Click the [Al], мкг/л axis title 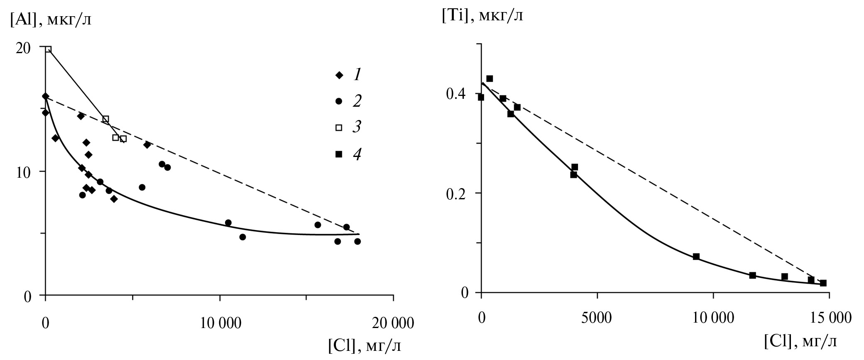click(x=51, y=20)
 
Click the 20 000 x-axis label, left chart click(x=393, y=323)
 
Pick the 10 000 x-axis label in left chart click(x=220, y=323)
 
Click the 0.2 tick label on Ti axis click(x=457, y=193)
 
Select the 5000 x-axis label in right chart click(x=597, y=318)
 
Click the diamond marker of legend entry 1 click(x=339, y=75)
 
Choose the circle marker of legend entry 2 click(x=339, y=101)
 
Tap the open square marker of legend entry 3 click(x=339, y=127)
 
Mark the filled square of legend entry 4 click(x=339, y=154)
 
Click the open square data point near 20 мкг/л click(x=48, y=49)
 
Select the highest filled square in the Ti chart click(x=490, y=78)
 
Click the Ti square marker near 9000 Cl click(x=696, y=256)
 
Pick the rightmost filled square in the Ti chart click(x=823, y=283)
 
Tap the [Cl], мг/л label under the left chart click(x=365, y=345)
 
